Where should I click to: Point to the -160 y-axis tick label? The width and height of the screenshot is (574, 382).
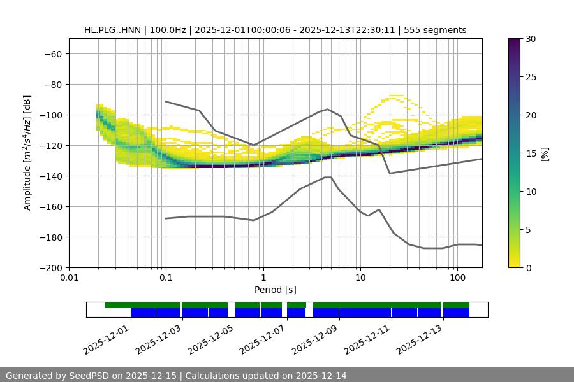tap(52, 207)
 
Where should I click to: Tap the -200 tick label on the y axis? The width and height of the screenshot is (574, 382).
tap(52, 268)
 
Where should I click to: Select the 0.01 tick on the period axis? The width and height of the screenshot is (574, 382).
tap(69, 278)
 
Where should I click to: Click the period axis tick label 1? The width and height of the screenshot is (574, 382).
tap(263, 278)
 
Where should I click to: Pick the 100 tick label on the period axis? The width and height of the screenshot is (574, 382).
tap(457, 278)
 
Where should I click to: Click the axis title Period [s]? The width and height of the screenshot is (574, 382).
tap(276, 290)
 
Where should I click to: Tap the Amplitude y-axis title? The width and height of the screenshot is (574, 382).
tap(27, 153)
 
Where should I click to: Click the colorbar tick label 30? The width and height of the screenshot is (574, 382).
tap(531, 39)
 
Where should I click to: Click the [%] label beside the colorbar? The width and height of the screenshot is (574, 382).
tap(545, 153)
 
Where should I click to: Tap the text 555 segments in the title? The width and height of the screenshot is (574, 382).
tap(439, 30)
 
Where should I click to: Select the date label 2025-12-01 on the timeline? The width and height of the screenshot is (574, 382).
tap(107, 337)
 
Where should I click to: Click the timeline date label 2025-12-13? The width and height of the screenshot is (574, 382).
tap(420, 337)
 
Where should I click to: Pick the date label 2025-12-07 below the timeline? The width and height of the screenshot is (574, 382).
tap(263, 337)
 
